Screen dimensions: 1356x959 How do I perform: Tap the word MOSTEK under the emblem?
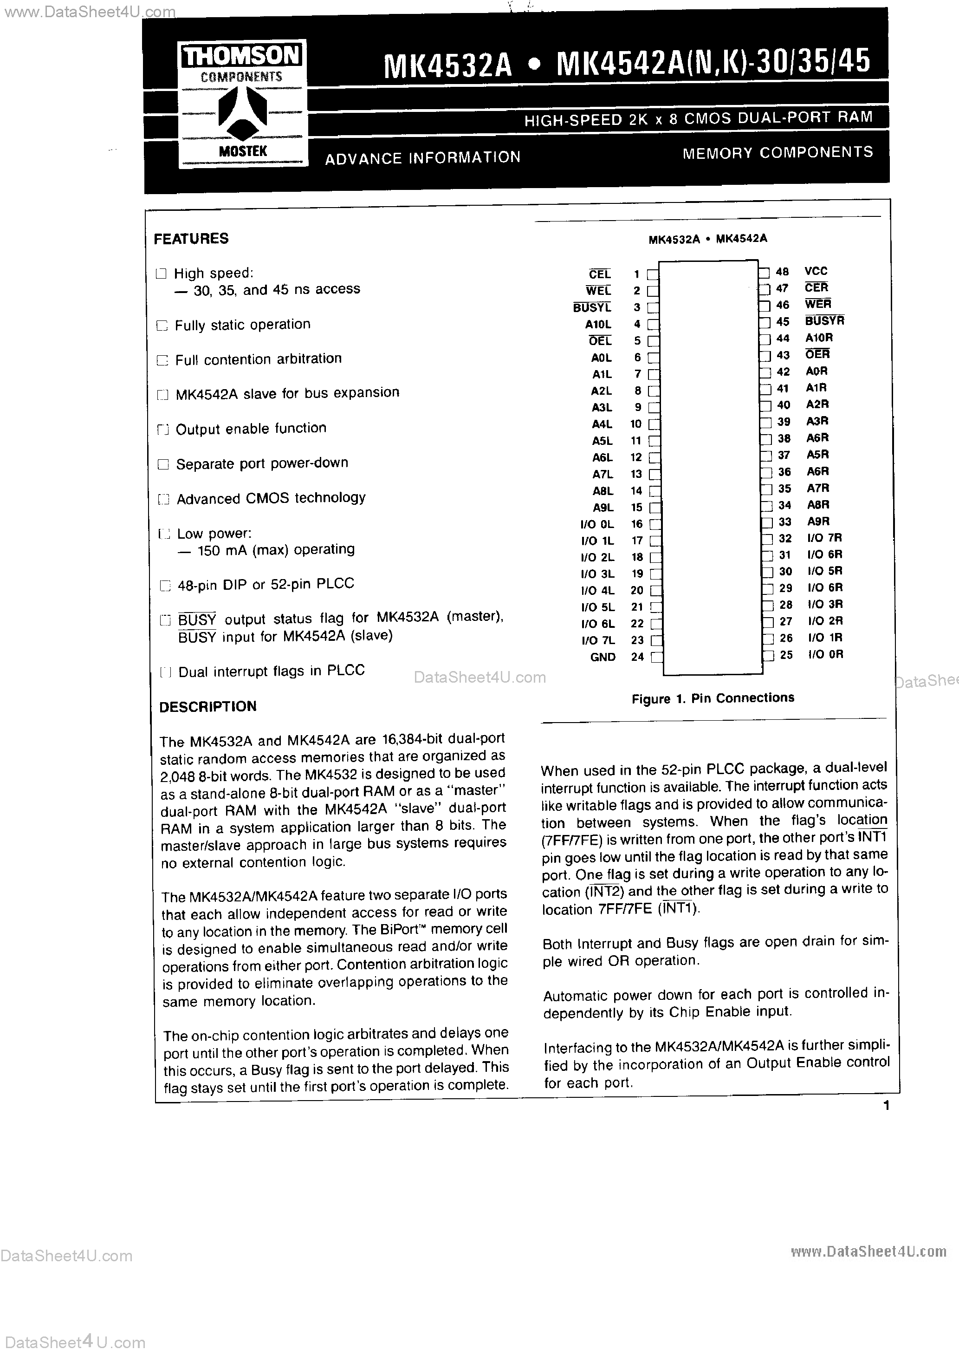point(243,151)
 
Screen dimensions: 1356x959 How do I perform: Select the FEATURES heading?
point(191,239)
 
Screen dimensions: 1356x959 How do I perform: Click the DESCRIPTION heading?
point(208,706)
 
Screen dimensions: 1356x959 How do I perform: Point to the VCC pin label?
point(816,271)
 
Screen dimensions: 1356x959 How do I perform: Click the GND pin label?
point(603,657)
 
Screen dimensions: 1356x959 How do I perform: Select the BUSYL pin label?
point(592,307)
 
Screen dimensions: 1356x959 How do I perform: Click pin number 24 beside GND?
point(637,657)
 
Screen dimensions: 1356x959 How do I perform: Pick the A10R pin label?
point(819,338)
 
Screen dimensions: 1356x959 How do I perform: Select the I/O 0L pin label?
point(597,524)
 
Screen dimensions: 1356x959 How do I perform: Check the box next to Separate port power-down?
point(163,464)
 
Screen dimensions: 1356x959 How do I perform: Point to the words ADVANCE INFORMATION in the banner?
point(423,158)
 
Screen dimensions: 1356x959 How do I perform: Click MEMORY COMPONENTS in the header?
point(777,152)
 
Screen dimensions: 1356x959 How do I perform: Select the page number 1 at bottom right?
point(886,1106)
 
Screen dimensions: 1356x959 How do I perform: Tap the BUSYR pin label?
point(824,321)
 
